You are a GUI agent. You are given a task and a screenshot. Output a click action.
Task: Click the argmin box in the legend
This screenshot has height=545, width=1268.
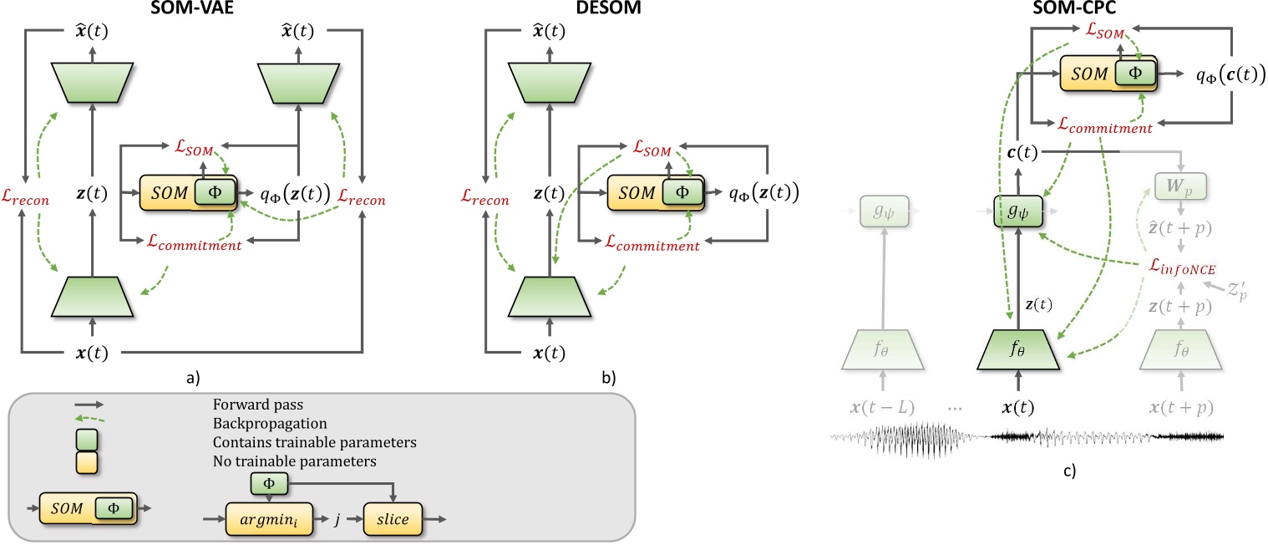point(262,520)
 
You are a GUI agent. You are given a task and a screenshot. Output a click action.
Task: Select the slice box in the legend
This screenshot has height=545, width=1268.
point(393,520)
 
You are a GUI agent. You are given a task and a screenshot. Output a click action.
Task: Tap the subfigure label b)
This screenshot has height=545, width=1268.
point(610,379)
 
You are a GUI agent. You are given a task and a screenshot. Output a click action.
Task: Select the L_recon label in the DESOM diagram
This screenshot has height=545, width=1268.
point(484,198)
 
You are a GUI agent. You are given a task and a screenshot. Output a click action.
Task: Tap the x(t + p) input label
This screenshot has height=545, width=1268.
point(1180,409)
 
